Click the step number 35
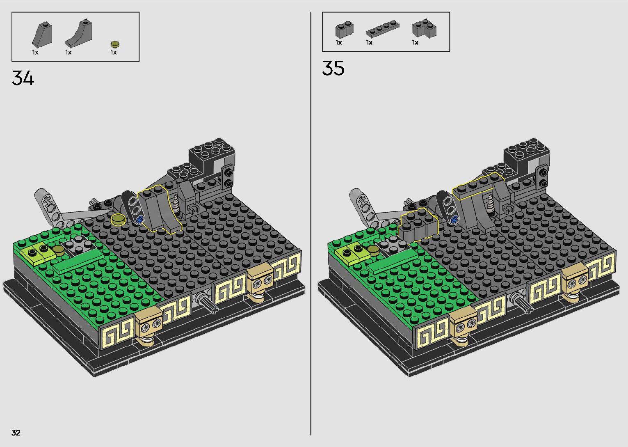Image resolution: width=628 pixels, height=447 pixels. click(x=333, y=68)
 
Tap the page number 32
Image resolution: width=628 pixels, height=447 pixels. click(x=16, y=432)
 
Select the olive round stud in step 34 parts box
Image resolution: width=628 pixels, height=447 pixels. click(x=115, y=44)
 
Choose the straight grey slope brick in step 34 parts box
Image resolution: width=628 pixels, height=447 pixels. click(x=42, y=34)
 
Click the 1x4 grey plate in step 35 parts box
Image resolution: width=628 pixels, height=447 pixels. click(x=383, y=29)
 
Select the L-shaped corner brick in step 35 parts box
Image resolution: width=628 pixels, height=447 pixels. click(x=424, y=29)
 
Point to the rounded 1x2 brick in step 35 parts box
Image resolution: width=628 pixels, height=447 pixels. click(x=344, y=29)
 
